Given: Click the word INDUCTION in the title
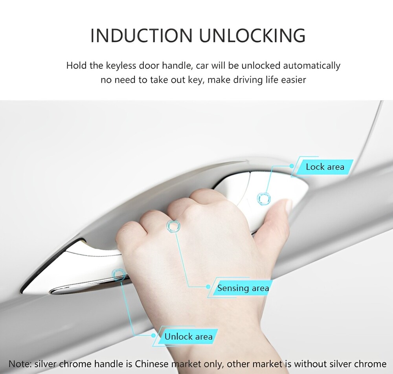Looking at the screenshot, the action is pyautogui.click(x=141, y=35).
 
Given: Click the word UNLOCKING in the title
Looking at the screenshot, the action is pyautogui.click(x=252, y=35).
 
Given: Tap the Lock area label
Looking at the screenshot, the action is pyautogui.click(x=325, y=167).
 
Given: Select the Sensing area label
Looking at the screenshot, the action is pyautogui.click(x=243, y=288).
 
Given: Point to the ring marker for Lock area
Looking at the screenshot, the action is pyautogui.click(x=264, y=199).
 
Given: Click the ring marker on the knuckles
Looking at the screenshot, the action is pyautogui.click(x=173, y=226).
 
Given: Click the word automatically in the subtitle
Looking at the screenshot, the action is pyautogui.click(x=312, y=66).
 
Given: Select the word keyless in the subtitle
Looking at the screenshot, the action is pyautogui.click(x=121, y=66).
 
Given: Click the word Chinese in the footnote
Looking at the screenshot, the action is pyautogui.click(x=152, y=364).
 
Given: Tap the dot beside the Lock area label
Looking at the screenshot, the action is pyautogui.click(x=292, y=166).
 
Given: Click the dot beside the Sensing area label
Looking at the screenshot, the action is pyautogui.click(x=208, y=287).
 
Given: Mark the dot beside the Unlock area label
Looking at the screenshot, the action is pyautogui.click(x=154, y=335).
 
